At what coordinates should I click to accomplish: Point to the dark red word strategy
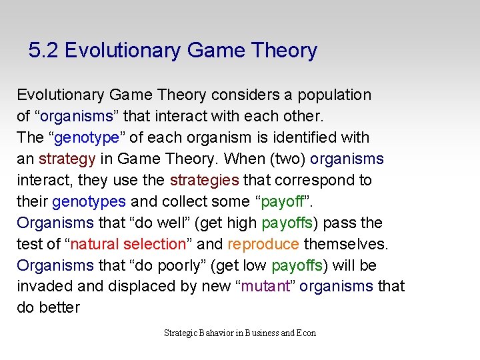pos(67,159)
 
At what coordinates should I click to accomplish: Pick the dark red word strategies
pos(204,181)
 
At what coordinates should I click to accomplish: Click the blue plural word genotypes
pos(89,202)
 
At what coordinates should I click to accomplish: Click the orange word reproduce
pos(263,244)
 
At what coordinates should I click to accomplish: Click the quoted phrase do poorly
pos(168,265)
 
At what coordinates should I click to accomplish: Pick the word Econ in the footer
pos(306,333)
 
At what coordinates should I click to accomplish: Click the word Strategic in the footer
pos(180,333)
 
